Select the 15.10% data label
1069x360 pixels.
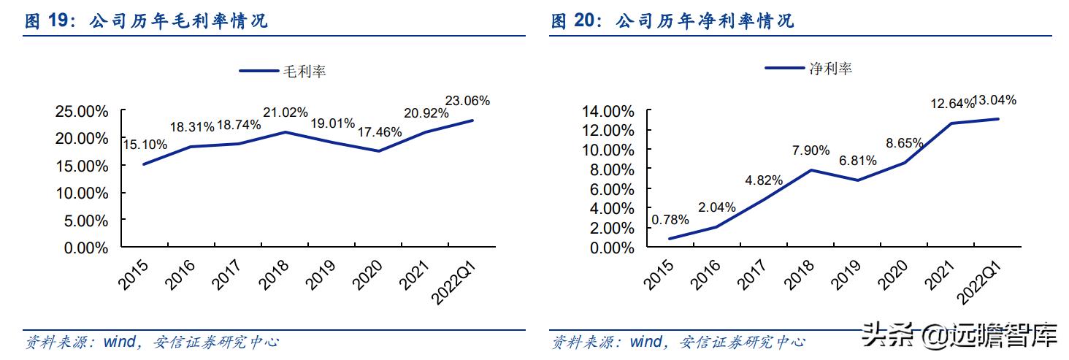[145, 145]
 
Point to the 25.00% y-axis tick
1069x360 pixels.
[82, 112]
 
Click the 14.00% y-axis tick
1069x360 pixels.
[608, 112]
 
